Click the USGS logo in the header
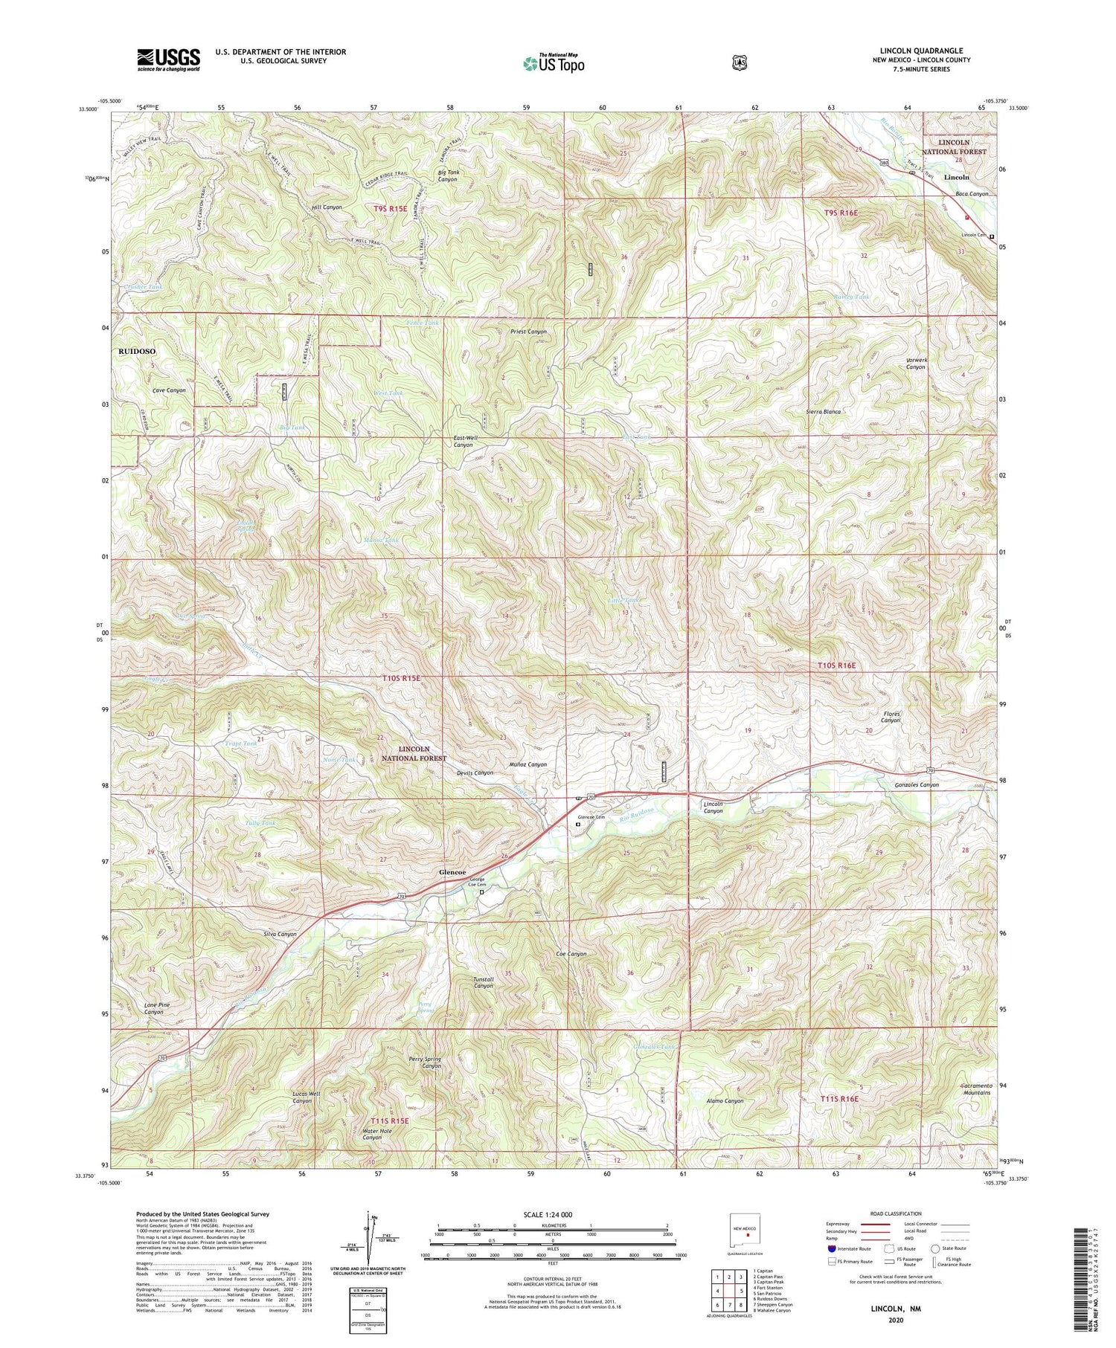168,59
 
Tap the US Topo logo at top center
554,62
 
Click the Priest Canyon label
528,332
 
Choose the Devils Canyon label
475,773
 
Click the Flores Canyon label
891,717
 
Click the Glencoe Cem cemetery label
591,817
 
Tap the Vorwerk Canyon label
915,364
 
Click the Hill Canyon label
327,207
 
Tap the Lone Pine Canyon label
155,1008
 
